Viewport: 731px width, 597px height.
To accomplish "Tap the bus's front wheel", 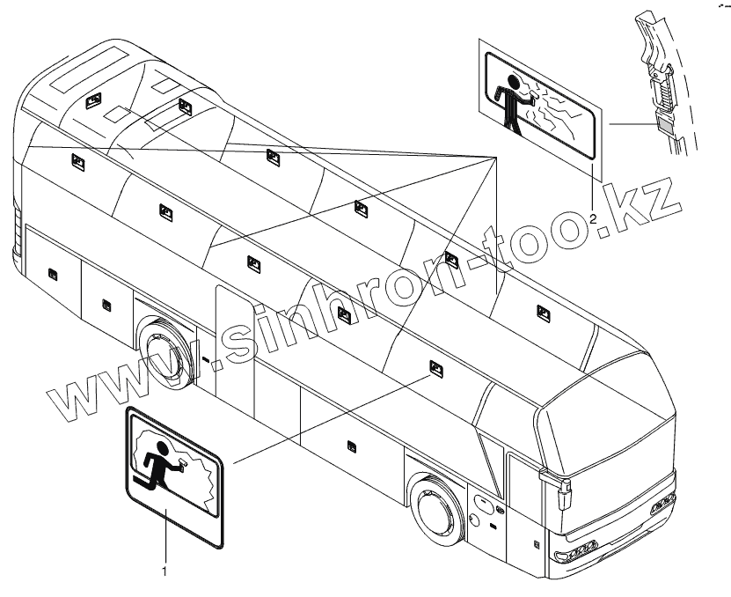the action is click(435, 509).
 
